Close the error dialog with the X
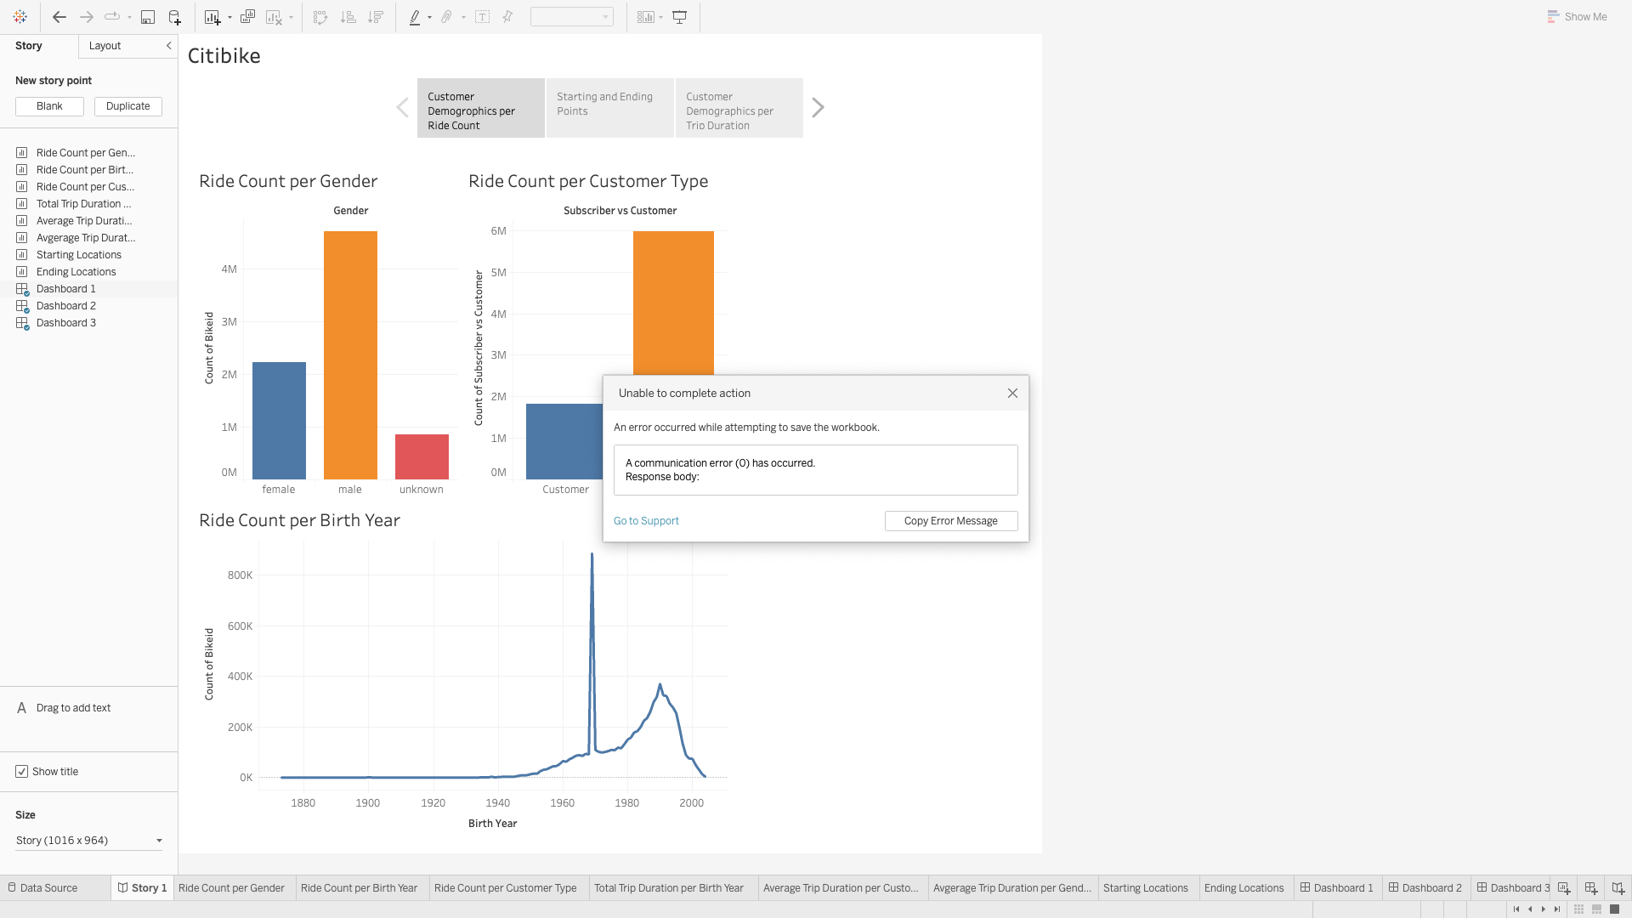[1012, 394]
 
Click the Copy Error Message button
[950, 521]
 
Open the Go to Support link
[646, 521]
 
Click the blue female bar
[279, 421]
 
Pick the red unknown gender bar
[422, 456]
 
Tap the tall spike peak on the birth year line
[592, 555]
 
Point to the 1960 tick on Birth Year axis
[562, 803]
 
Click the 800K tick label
[240, 575]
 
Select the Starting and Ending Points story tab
[609, 108]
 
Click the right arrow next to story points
[818, 108]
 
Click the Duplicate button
[127, 106]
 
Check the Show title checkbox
[22, 772]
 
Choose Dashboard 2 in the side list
[65, 306]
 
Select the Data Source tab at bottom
[48, 888]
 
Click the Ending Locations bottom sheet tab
[1244, 888]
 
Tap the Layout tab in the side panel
[105, 46]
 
